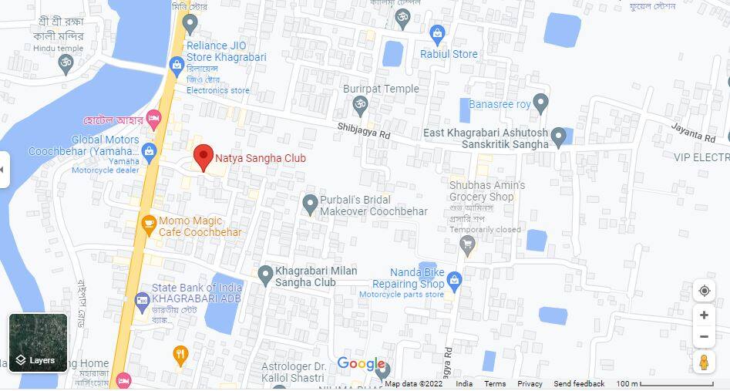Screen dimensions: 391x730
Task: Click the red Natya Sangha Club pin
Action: pos(203,157)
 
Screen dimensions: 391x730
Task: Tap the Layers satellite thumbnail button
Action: pos(38,342)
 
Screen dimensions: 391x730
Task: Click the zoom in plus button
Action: pos(704,315)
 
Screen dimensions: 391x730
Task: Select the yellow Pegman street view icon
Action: pos(703,362)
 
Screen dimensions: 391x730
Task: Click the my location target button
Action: pos(704,291)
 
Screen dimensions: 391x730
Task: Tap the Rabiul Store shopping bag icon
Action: pos(438,34)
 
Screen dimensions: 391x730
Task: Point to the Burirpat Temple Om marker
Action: pos(358,104)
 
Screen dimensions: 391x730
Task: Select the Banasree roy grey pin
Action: pos(541,102)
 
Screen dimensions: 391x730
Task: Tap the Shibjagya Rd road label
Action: pos(364,130)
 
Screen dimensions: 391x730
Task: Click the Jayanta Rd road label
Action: pos(694,137)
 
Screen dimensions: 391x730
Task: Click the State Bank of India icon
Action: pos(142,300)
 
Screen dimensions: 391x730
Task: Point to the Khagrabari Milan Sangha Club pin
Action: pos(265,273)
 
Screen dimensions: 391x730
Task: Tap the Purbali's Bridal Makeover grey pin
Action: pos(310,204)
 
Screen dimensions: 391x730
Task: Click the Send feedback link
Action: pos(579,384)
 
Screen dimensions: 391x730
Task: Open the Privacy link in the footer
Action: pos(530,384)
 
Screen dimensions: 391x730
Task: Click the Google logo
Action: pos(361,364)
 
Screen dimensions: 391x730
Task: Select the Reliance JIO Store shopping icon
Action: pos(177,63)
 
